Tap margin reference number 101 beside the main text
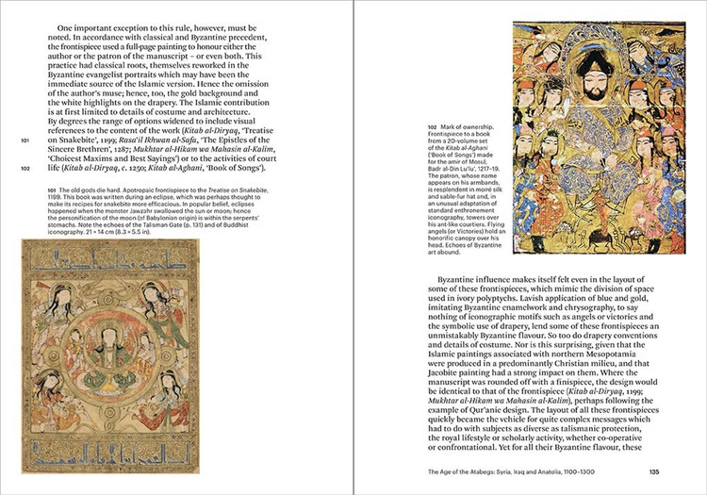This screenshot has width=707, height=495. coord(25,141)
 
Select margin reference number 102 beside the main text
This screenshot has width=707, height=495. coord(25,169)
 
